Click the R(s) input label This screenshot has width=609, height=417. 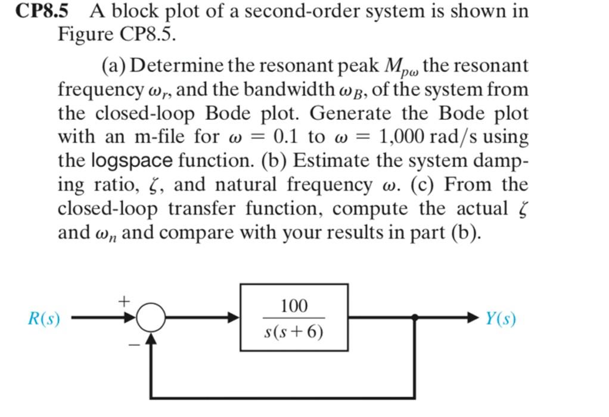click(x=44, y=319)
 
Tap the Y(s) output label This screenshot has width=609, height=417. click(x=500, y=319)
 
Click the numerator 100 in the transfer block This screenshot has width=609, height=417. click(x=294, y=306)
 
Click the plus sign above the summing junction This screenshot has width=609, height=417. click(x=124, y=302)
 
